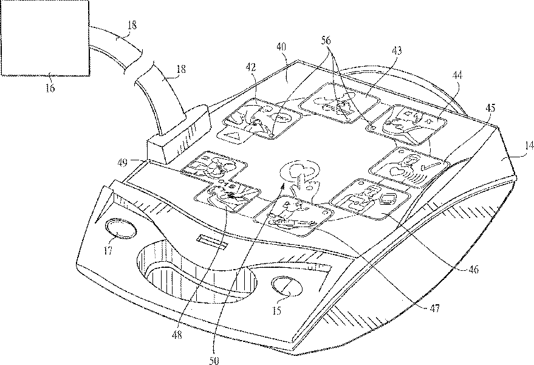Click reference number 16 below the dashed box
50,88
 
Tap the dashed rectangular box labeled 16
46,38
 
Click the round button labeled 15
287,286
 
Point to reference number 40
281,47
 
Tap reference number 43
397,50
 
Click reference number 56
326,41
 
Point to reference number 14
529,146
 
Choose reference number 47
434,309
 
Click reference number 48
177,335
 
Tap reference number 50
214,360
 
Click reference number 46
473,270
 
